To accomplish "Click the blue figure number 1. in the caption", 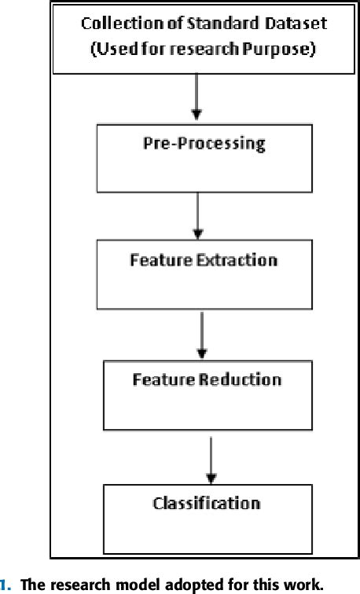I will pos(6,585).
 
